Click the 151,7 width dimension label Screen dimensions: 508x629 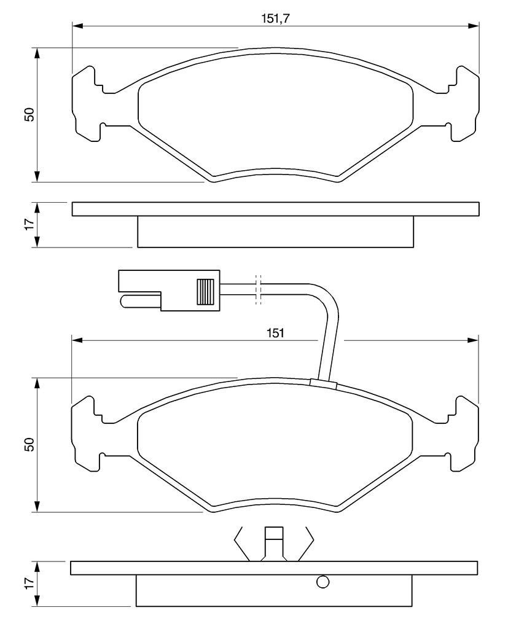pos(276,18)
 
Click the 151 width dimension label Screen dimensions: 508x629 pos(276,333)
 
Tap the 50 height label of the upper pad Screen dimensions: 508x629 pos(29,115)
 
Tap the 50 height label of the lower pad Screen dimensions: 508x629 pos(29,445)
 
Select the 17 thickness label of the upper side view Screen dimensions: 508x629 pos(29,225)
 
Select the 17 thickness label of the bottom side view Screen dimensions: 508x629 pos(29,584)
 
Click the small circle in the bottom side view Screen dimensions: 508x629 pos(322,582)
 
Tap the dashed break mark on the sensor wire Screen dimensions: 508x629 pos(259,290)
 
